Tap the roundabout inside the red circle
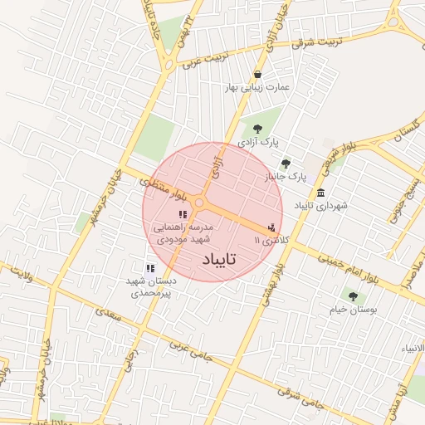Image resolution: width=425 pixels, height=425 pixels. pos(199,203)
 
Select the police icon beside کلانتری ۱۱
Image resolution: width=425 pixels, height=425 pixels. pos(271,227)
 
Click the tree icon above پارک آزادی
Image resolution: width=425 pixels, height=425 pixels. pos(256,129)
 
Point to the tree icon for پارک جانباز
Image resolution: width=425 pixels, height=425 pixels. pos(286,164)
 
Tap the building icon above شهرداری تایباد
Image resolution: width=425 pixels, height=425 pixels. pos(321,193)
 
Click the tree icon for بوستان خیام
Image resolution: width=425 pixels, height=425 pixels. pos(353,296)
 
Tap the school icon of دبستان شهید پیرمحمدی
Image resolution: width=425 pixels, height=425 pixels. pos(150,268)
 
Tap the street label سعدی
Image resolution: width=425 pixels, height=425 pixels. pos(108,316)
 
